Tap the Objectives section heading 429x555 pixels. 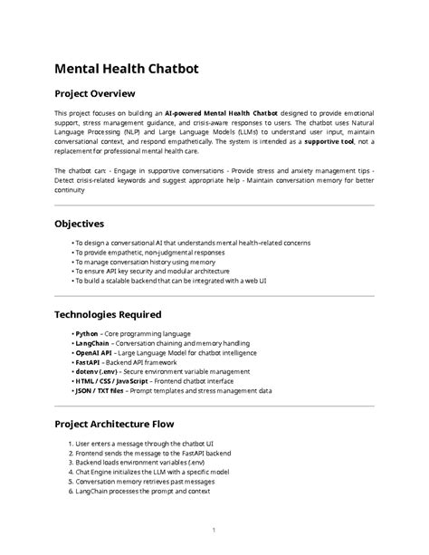pyautogui.click(x=79, y=223)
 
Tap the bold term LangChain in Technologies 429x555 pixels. pyautogui.click(x=91, y=343)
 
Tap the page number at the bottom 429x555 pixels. pyautogui.click(x=214, y=530)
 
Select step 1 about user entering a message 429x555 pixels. pyautogui.click(x=157, y=444)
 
